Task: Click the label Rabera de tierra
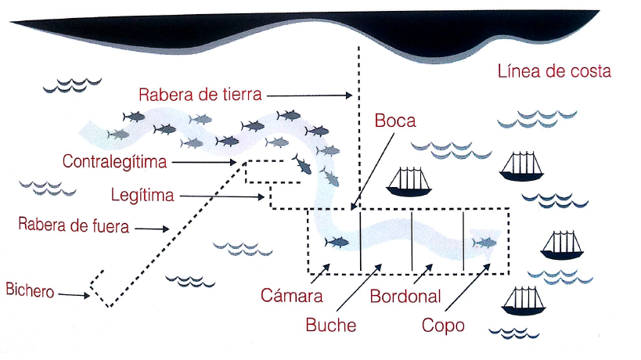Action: coord(200,95)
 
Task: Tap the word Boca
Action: coord(394,121)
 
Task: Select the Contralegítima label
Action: coord(116,161)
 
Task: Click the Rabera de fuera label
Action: coord(73,227)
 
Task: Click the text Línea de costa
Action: coord(553,72)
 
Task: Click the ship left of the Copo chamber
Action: coord(408,181)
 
